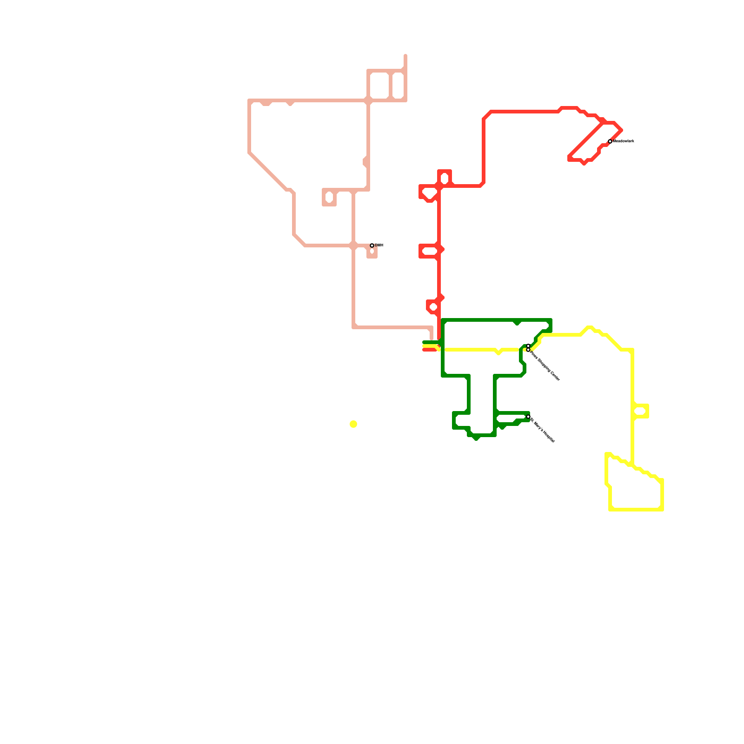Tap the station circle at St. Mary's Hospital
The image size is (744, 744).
click(x=528, y=417)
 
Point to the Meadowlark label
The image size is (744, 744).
click(x=624, y=141)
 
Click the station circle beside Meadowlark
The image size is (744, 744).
click(x=610, y=141)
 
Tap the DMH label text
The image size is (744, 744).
click(x=379, y=245)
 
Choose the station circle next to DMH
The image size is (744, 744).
click(x=372, y=246)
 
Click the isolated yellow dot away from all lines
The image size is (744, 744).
click(x=353, y=424)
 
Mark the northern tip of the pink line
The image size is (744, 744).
click(x=405, y=56)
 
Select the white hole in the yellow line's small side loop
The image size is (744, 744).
click(x=641, y=411)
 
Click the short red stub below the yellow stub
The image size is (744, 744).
click(x=429, y=350)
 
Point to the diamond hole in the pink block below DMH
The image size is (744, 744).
click(x=372, y=252)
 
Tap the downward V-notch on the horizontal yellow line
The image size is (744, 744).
click(x=498, y=352)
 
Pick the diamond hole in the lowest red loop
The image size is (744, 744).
click(x=433, y=307)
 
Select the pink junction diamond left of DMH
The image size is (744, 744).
click(x=353, y=245)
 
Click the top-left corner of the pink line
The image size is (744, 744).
click(x=250, y=100)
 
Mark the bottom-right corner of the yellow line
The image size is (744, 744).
click(x=662, y=509)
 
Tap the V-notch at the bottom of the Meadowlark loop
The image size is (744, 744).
click(x=584, y=163)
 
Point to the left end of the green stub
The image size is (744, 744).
click(x=424, y=343)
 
